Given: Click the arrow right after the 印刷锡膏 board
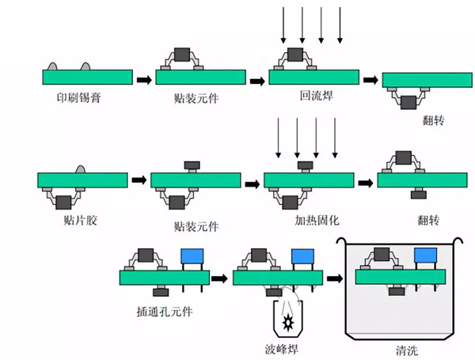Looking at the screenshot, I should click(x=143, y=79).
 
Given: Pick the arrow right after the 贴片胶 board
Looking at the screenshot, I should click(x=138, y=180).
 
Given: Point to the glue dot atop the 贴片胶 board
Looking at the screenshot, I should click(x=81, y=168).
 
